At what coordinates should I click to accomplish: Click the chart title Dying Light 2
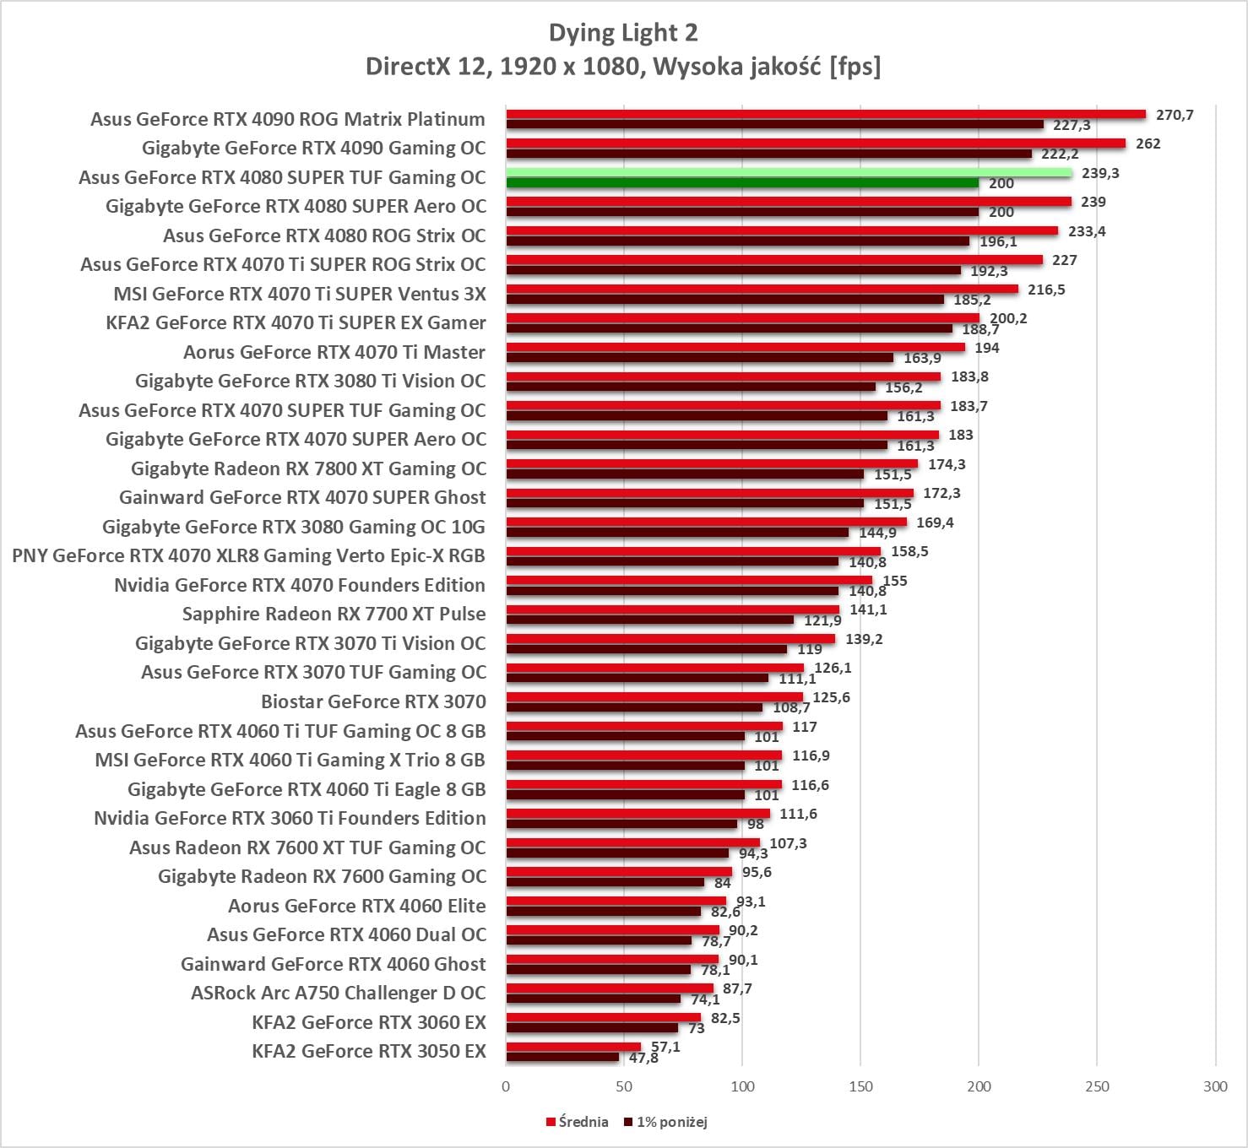(x=623, y=33)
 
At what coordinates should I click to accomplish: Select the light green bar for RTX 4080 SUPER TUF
(x=789, y=173)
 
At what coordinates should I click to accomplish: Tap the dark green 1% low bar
(x=742, y=183)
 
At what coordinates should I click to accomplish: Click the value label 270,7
(x=1175, y=115)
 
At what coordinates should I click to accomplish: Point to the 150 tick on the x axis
(x=860, y=1086)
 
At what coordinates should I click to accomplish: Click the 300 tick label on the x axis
(x=1215, y=1086)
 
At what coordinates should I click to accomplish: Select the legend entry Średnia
(x=578, y=1122)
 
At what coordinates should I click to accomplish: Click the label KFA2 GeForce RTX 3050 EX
(x=369, y=1051)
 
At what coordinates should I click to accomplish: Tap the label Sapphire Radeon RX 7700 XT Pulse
(x=334, y=614)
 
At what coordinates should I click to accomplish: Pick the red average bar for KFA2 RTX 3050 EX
(x=573, y=1047)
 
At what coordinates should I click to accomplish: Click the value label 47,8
(x=643, y=1058)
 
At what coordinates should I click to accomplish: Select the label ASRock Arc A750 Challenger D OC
(x=338, y=993)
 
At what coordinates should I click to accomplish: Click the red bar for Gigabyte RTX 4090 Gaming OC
(x=816, y=143)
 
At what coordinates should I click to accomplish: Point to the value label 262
(x=1148, y=143)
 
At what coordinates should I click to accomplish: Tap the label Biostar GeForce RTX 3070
(x=373, y=701)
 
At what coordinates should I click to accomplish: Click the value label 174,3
(x=947, y=464)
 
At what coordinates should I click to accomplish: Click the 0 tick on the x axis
(x=506, y=1086)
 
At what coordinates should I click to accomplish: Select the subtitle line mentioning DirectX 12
(x=623, y=66)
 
